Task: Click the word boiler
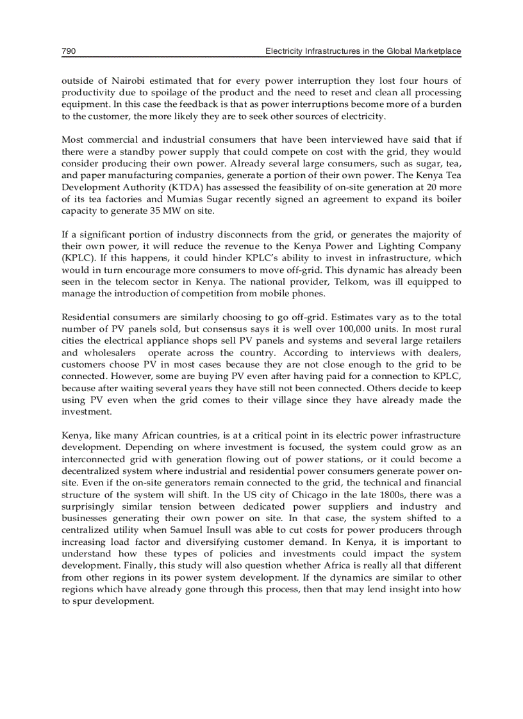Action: [447, 198]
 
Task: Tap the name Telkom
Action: [386, 281]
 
